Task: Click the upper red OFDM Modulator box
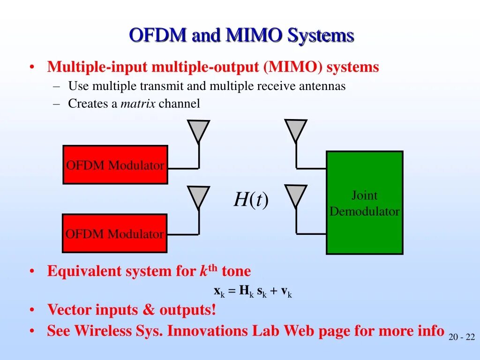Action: point(115,165)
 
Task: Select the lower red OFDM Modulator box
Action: point(115,233)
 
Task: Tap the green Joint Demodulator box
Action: point(364,202)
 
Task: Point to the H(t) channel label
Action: point(251,200)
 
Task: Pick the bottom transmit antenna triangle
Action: point(198,196)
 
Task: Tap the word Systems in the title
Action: point(321,36)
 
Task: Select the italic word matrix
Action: point(138,104)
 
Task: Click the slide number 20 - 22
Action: point(461,337)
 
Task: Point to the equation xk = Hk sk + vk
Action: point(253,291)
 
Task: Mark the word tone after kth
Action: point(236,271)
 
